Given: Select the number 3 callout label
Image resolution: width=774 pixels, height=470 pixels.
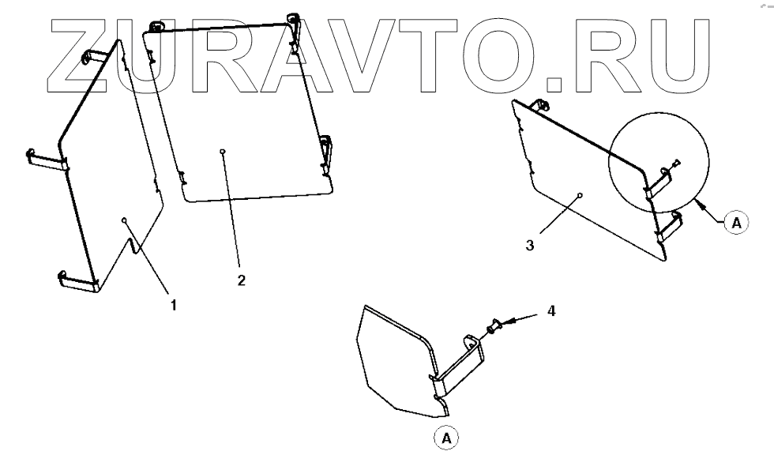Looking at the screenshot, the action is [x=530, y=245].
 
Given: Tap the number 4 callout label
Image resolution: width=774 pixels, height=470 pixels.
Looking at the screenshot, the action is [x=551, y=311].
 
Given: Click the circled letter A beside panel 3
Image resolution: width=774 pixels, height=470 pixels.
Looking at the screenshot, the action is [x=736, y=224].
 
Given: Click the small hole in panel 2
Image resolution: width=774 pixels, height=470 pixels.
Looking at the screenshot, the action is [x=224, y=152].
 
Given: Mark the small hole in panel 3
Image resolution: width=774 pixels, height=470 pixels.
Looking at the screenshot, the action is [x=580, y=194].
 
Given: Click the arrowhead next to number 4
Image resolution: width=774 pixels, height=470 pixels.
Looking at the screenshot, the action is [x=509, y=321].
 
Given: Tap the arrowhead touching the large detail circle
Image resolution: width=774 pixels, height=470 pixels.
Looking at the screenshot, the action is [x=699, y=203].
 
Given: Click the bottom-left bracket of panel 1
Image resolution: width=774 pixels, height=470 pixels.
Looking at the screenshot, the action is [x=77, y=280].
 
